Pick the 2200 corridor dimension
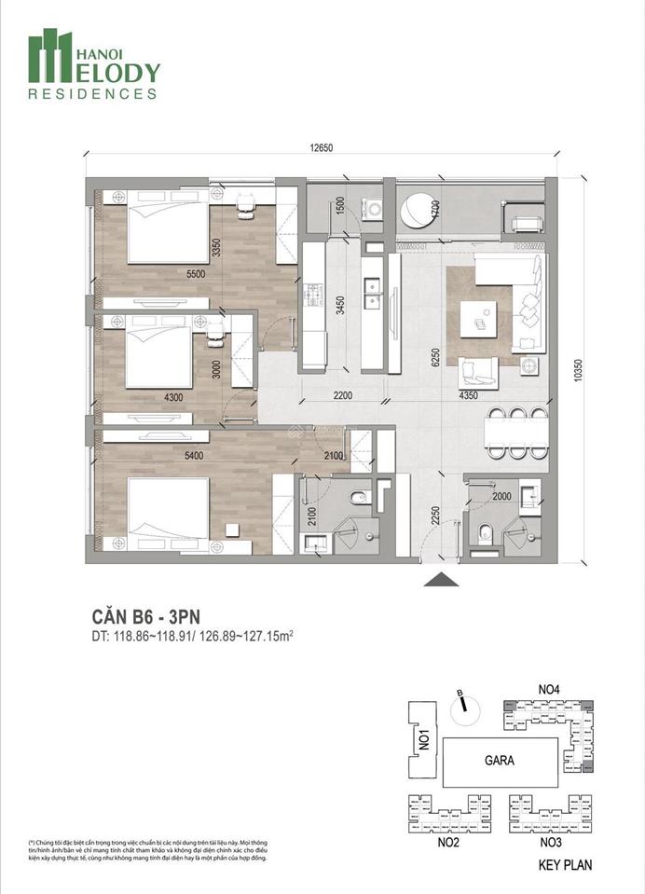343,396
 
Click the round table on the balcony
417,209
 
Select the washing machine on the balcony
375,208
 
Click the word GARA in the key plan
499,760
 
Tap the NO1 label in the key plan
423,740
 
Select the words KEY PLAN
565,864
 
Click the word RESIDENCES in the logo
92,94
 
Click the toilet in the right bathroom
483,534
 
